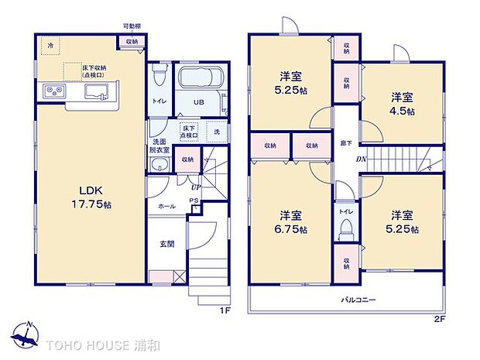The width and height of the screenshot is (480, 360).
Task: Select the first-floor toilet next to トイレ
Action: (x=159, y=75)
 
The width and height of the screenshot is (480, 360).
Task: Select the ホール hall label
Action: (x=166, y=207)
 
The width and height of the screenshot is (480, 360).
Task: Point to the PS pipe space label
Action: (x=194, y=201)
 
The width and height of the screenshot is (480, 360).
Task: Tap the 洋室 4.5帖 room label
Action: (x=402, y=104)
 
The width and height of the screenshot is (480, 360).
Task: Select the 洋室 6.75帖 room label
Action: (x=293, y=222)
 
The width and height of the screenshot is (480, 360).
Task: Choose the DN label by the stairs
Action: (x=361, y=159)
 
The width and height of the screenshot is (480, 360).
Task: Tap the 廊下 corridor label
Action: (x=346, y=144)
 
